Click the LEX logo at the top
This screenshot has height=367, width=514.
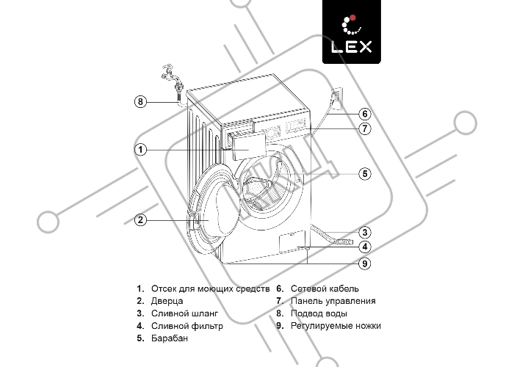point(352,32)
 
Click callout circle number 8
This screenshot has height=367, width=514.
point(141,101)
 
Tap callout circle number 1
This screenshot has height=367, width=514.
point(141,150)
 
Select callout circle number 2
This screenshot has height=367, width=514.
point(141,219)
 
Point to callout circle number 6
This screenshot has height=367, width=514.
point(365,114)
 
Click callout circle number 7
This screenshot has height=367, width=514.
point(365,128)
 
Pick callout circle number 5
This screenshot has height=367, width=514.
point(365,174)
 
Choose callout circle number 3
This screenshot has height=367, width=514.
point(365,233)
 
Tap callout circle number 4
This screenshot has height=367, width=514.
point(365,247)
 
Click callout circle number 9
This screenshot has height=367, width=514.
point(365,263)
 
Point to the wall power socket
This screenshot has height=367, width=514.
point(336,98)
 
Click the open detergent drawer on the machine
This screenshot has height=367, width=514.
point(246,145)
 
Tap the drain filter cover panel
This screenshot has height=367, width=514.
point(292,241)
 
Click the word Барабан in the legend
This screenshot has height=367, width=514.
point(170,338)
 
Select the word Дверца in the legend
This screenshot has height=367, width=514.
point(167,301)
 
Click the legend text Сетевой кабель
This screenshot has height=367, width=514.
point(325,288)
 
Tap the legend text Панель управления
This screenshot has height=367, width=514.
point(333,301)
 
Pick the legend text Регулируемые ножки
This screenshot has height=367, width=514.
point(336,326)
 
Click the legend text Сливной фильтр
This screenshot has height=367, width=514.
point(187,326)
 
